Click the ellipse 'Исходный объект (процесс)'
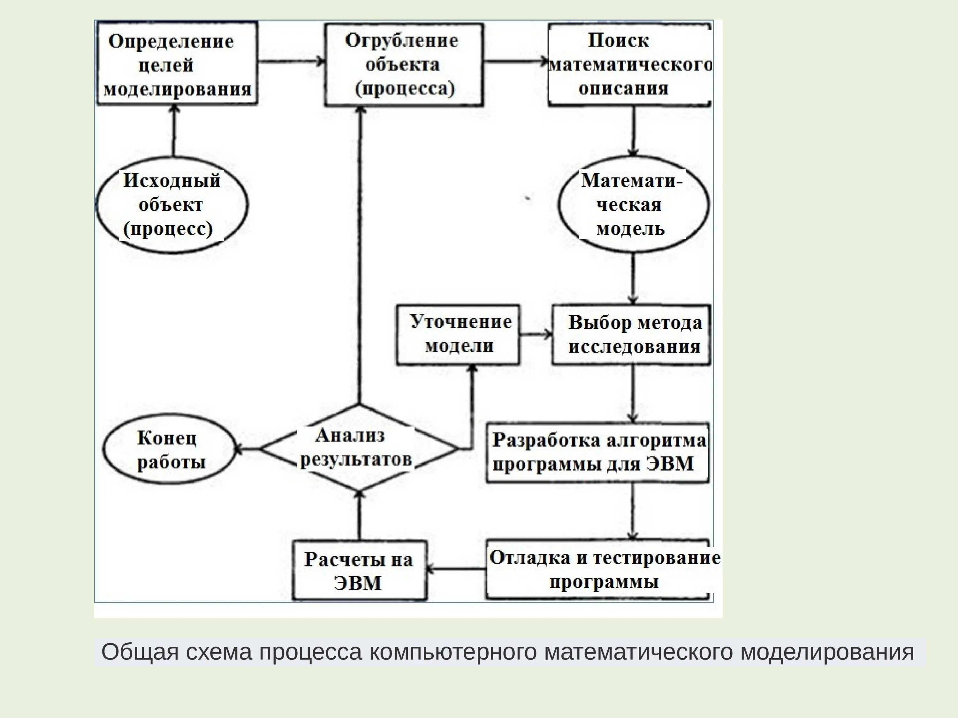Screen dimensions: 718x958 [171, 205]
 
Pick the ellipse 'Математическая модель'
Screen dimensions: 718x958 [633, 205]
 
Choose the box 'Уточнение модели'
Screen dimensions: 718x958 [458, 334]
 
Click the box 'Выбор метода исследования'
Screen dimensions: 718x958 [631, 334]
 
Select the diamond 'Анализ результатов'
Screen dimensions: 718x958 [358, 448]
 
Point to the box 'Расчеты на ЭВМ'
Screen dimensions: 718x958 [359, 571]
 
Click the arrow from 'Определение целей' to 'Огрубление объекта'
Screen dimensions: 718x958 [291, 61]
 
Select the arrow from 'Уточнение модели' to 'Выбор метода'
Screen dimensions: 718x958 [536, 334]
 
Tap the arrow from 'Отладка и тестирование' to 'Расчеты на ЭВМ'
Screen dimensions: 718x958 [456, 569]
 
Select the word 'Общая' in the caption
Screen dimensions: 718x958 [140, 652]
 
